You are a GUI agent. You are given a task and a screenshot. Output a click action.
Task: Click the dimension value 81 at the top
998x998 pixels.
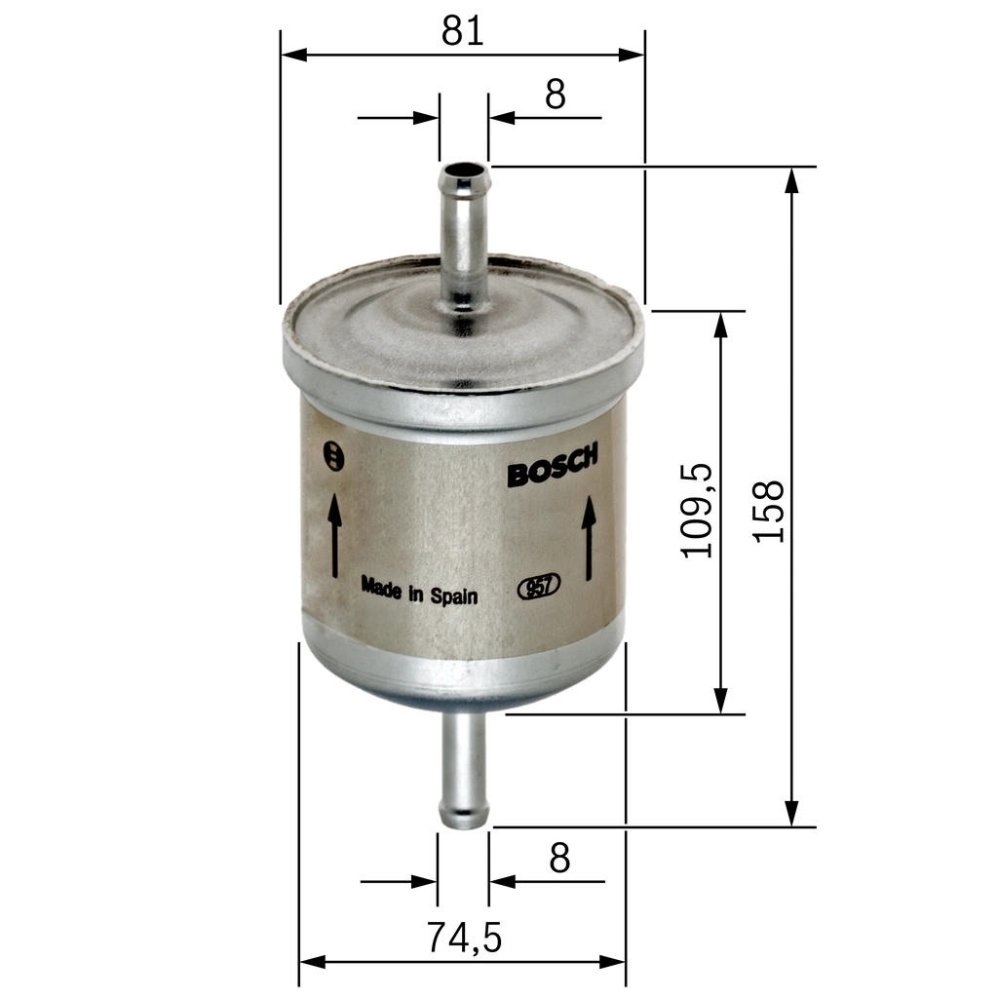(x=462, y=30)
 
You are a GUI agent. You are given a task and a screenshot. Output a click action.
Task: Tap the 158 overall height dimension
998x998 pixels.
(x=770, y=511)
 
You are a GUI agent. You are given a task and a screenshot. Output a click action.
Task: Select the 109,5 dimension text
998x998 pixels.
(x=699, y=511)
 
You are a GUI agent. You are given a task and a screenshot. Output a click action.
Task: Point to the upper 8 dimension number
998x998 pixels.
(x=556, y=95)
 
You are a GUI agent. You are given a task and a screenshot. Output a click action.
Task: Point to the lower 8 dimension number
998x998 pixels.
(x=558, y=859)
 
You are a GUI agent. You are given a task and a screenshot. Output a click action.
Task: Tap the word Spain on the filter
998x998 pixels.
(x=455, y=595)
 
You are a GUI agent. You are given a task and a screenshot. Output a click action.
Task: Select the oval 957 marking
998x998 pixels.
(x=537, y=587)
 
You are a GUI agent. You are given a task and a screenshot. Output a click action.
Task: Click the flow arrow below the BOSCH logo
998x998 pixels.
(x=590, y=538)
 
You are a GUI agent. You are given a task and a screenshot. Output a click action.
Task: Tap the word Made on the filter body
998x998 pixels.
(x=381, y=587)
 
